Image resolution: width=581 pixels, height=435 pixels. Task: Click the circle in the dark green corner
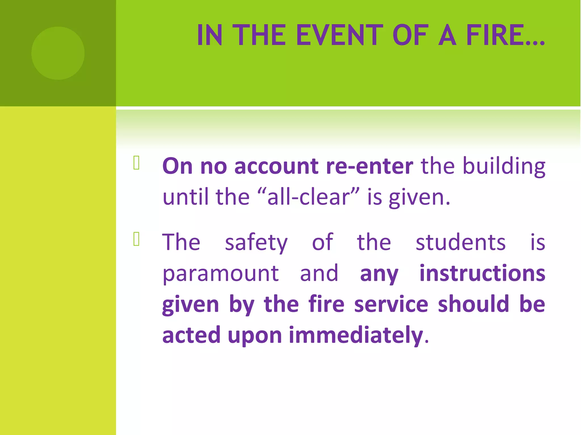[58, 53]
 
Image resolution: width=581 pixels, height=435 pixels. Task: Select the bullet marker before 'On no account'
[136, 163]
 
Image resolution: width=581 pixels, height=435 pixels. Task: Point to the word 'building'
[504, 167]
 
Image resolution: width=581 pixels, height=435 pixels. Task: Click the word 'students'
[460, 242]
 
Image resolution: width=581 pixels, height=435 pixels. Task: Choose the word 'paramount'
[220, 274]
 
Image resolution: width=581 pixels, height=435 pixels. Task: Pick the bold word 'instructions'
[482, 273]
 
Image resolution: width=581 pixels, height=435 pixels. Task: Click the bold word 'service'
[391, 304]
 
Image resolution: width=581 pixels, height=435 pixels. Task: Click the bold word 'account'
[276, 166]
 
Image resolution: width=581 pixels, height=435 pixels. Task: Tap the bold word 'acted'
[191, 335]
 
